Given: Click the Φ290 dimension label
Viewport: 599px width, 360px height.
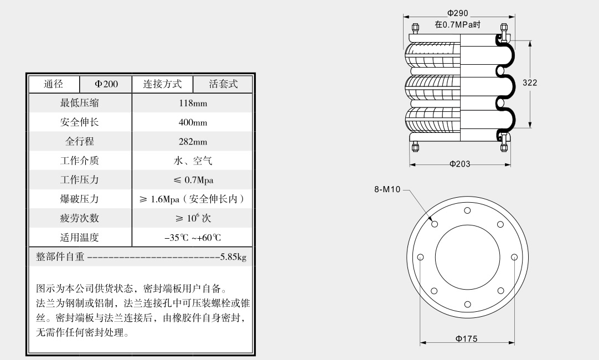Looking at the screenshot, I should coord(458,13).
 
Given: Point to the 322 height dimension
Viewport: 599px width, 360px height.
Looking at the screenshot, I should coord(530,83).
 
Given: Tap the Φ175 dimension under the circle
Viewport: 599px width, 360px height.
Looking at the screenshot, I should coord(467,339).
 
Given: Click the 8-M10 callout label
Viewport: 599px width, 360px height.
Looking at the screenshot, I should coord(388,189).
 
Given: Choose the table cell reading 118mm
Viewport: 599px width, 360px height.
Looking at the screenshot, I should coord(193,103).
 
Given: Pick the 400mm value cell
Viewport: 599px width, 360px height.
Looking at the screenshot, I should coord(193,122).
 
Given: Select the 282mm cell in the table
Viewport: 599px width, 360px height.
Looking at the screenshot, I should coord(193,142).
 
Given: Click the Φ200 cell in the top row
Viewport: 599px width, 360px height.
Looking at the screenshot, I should coord(106,84).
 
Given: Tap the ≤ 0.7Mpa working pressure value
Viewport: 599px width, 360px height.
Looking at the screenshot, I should coord(193,180).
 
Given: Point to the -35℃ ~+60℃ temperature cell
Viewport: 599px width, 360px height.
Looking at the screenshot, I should coord(193,238).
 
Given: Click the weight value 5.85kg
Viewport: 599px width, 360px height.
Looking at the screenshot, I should coord(233,257).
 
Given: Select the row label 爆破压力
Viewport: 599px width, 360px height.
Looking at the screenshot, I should coord(80,199).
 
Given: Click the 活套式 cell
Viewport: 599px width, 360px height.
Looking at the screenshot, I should coord(223,84).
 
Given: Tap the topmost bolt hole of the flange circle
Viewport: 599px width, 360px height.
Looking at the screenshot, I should coord(468,210).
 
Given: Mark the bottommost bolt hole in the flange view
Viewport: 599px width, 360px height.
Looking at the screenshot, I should coord(468,304).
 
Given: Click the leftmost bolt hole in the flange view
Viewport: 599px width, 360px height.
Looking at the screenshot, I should coord(421,257).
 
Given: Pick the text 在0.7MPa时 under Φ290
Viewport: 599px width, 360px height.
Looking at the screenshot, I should coord(457,24).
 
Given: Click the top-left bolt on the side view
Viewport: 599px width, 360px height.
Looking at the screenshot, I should coord(415,28).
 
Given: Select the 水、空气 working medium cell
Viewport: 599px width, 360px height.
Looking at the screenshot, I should coord(193,161).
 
